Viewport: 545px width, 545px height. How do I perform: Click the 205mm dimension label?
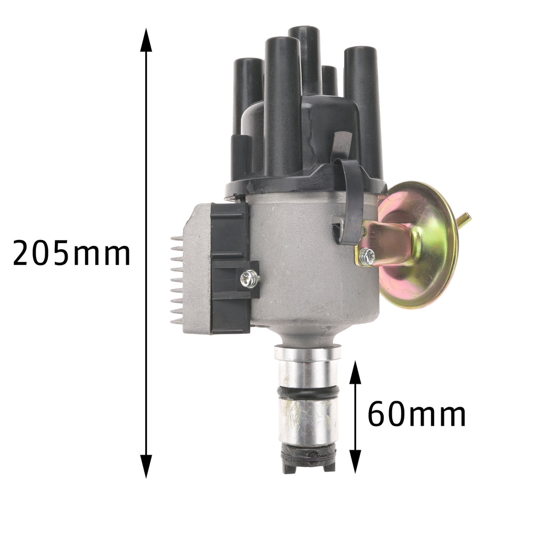[x=71, y=253]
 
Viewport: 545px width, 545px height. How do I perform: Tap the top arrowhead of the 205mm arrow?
[x=146, y=40]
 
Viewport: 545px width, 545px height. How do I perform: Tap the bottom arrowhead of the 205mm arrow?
[x=146, y=466]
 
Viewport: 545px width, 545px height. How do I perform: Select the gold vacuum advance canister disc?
[x=417, y=244]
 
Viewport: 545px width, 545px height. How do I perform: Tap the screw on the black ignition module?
[x=249, y=279]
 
